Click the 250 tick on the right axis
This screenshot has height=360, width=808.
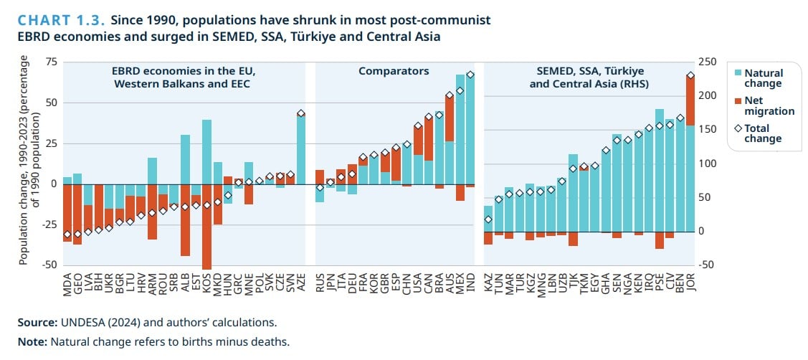(708, 62)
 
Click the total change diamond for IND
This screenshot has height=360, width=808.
(470, 75)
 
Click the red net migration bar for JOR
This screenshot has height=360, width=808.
(690, 100)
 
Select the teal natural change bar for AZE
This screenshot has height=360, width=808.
(301, 151)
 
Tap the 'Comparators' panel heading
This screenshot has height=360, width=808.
(394, 71)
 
